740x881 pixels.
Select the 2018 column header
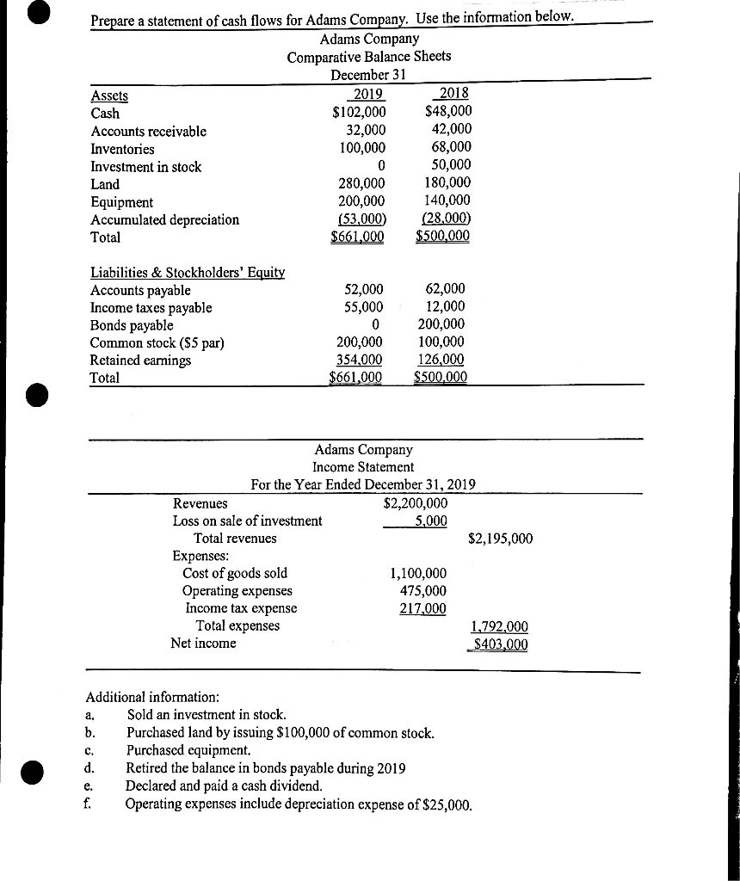coord(453,95)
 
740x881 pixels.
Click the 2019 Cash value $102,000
coord(359,113)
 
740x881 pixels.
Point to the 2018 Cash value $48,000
coord(448,113)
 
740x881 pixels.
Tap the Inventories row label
coord(123,149)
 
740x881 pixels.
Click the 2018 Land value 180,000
coord(447,183)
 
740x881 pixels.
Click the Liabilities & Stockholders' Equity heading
coord(188,273)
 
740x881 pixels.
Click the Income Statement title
coord(363,466)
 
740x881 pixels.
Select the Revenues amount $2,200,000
coord(415,503)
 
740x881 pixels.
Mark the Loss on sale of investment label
coord(248,521)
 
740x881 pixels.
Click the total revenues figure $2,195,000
coord(500,539)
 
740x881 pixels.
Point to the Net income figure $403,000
coord(499,644)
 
